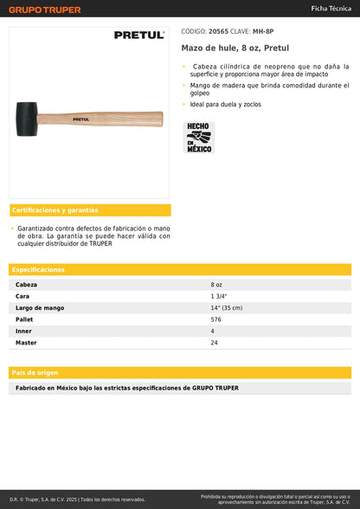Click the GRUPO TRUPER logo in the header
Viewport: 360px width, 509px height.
pyautogui.click(x=44, y=10)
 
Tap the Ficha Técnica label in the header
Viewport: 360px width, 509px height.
pyautogui.click(x=331, y=8)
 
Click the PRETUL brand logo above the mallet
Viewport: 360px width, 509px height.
pyautogui.click(x=138, y=35)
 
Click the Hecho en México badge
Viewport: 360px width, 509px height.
pyautogui.click(x=199, y=137)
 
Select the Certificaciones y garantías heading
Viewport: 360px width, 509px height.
pyautogui.click(x=55, y=210)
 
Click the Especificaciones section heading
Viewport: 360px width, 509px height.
pyautogui.click(x=38, y=269)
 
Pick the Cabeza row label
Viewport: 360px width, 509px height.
pyautogui.click(x=27, y=284)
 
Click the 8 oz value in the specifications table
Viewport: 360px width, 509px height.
pyautogui.click(x=216, y=284)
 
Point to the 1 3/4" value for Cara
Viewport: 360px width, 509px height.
pyautogui.click(x=218, y=296)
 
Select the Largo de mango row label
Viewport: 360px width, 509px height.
pyautogui.click(x=39, y=307)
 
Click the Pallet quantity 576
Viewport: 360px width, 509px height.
pyautogui.click(x=215, y=319)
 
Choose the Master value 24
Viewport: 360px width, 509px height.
pyautogui.click(x=214, y=343)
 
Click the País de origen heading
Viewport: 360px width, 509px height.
pyautogui.click(x=35, y=372)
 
